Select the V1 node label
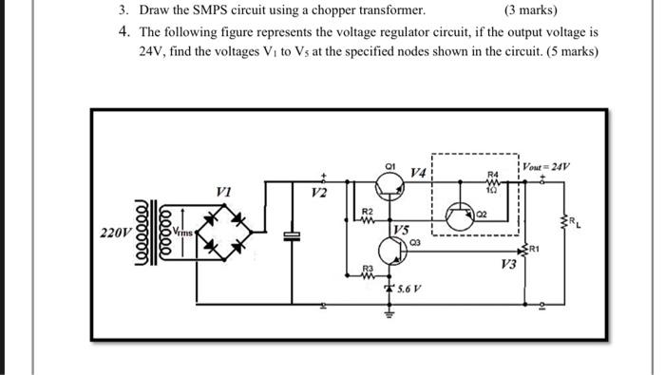click(x=223, y=190)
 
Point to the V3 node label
click(x=508, y=265)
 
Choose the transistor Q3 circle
click(x=391, y=251)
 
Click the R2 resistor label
click(x=370, y=209)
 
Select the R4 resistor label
click(x=491, y=175)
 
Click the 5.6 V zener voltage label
click(x=410, y=288)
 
